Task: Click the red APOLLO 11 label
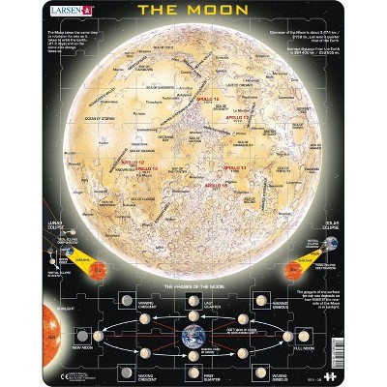coord(235,167)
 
